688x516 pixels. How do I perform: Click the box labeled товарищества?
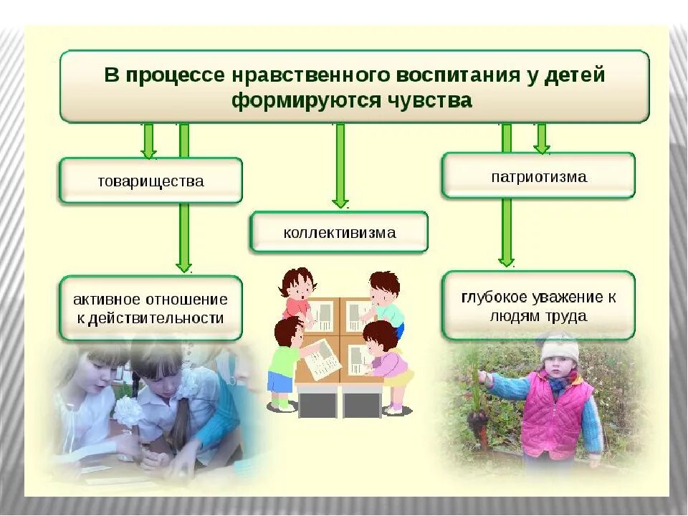click(x=150, y=181)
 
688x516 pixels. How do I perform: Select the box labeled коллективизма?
click(x=339, y=232)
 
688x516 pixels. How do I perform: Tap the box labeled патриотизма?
click(x=538, y=176)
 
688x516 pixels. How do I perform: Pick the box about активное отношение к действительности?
click(x=150, y=308)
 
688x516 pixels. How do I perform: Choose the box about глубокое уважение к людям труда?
click(x=538, y=306)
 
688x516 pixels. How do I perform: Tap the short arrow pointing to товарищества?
click(x=148, y=140)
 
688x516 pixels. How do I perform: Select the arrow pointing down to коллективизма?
click(x=340, y=165)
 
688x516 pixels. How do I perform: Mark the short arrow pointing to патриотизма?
click(x=542, y=138)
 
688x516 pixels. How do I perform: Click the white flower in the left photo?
click(x=129, y=411)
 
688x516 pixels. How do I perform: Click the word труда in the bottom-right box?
click(x=566, y=315)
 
